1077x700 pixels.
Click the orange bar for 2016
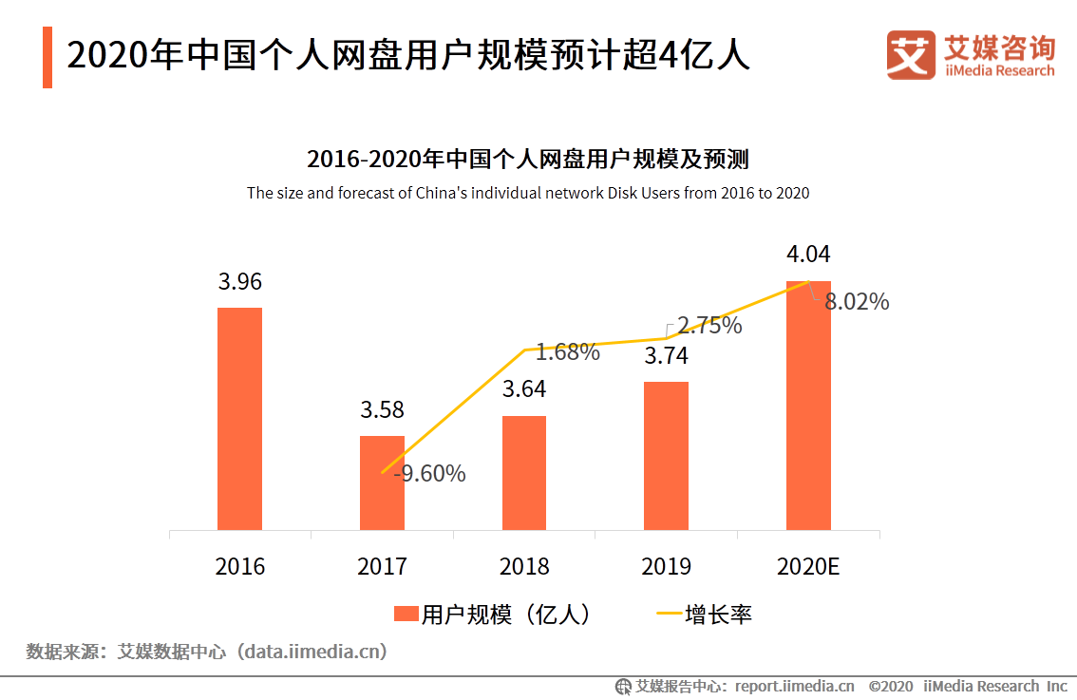(x=239, y=418)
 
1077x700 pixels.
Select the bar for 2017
(x=382, y=482)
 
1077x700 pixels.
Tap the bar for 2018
(x=524, y=472)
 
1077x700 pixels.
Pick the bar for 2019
(x=666, y=455)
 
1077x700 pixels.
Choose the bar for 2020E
(x=808, y=405)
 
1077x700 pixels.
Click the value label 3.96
(x=239, y=282)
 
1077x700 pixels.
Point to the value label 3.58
(x=382, y=410)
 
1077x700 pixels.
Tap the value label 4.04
(x=808, y=255)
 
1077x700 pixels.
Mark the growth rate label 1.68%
(x=568, y=352)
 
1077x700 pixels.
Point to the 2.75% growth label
(x=709, y=326)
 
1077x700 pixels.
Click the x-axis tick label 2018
(x=524, y=567)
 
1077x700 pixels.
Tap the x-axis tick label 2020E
(x=808, y=567)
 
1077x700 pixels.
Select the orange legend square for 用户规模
(x=406, y=615)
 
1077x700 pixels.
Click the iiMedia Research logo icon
(x=911, y=55)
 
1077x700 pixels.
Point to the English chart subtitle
(x=528, y=193)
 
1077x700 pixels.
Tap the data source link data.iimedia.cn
(x=312, y=652)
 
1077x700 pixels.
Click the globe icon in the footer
(x=624, y=686)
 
